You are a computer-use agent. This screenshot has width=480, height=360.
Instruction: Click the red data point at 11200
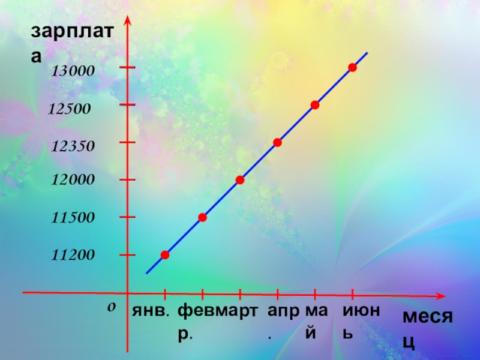click(x=165, y=255)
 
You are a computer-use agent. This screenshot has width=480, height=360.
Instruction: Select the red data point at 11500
click(x=203, y=217)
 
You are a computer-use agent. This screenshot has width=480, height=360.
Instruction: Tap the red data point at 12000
click(x=240, y=180)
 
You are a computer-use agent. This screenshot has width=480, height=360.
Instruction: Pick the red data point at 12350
click(x=277, y=142)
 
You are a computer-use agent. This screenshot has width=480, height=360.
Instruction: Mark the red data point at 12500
click(x=315, y=105)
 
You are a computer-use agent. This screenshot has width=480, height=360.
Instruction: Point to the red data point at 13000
click(x=353, y=67)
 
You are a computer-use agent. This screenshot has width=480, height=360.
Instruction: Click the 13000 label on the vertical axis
click(x=73, y=71)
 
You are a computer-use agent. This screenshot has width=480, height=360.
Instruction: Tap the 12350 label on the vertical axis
click(x=73, y=146)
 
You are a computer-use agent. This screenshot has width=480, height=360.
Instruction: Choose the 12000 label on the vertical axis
click(x=73, y=180)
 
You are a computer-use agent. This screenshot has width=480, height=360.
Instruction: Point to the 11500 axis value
click(x=73, y=218)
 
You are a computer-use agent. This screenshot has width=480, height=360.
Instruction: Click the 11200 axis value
click(x=73, y=256)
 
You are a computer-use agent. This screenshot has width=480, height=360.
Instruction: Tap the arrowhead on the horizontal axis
click(x=441, y=295)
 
